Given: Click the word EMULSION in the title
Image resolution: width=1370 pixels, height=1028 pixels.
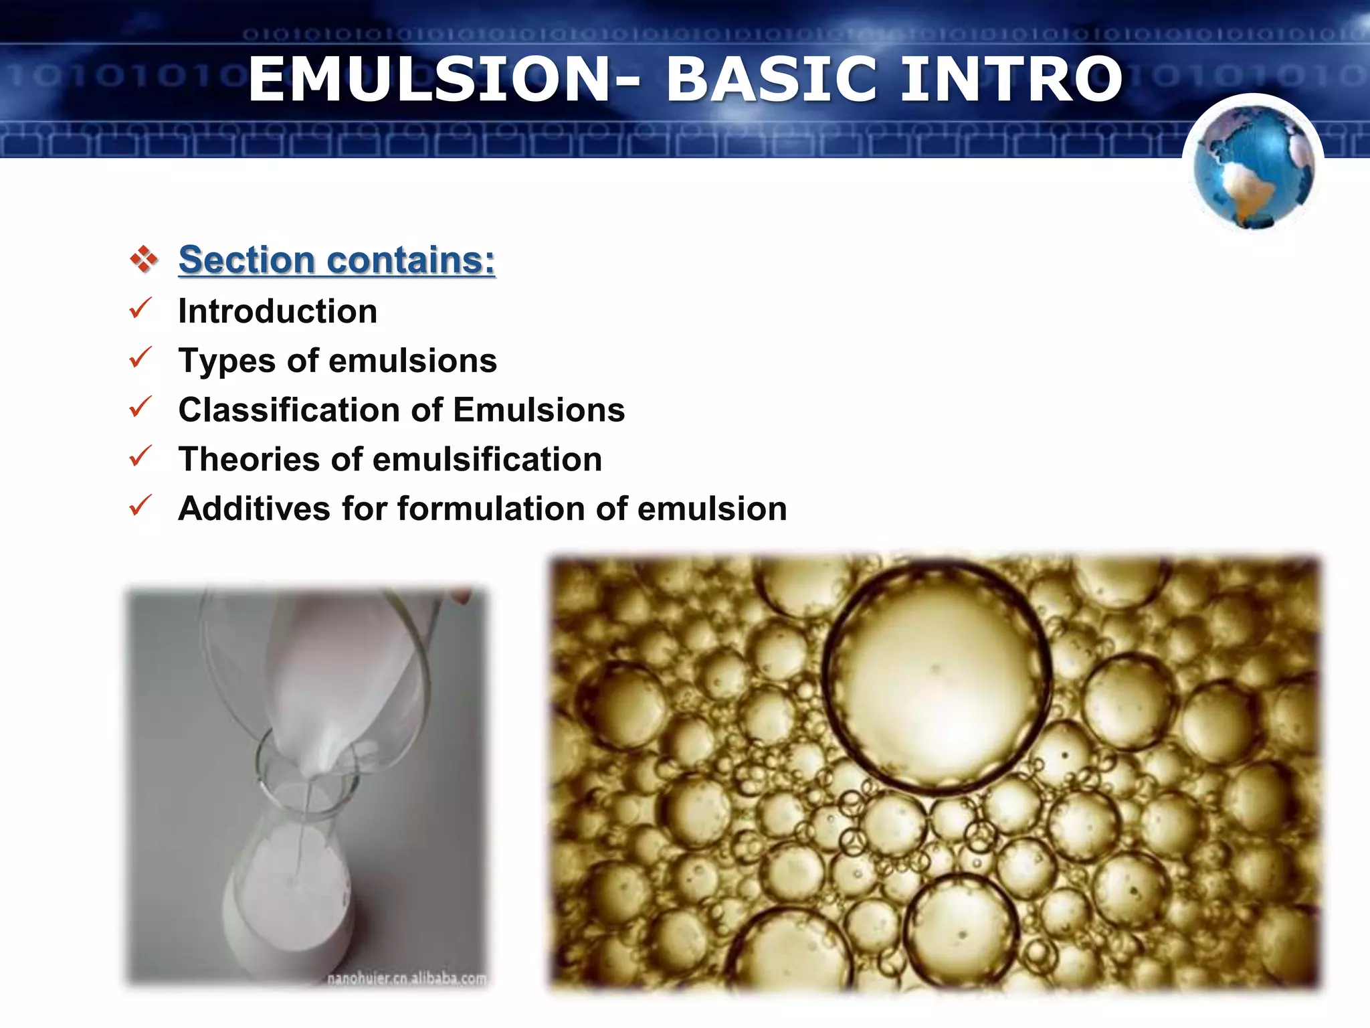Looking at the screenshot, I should click(x=428, y=80).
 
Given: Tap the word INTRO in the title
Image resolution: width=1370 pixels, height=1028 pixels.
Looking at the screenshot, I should click(x=1011, y=80).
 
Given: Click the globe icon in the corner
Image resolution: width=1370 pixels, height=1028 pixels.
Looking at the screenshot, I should click(x=1253, y=166).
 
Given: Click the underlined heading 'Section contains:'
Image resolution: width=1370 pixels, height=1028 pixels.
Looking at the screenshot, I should click(x=336, y=260).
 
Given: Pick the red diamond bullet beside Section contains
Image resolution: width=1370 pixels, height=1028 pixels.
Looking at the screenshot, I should click(x=143, y=259).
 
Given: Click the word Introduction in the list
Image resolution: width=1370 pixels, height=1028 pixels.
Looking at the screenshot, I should click(x=278, y=311).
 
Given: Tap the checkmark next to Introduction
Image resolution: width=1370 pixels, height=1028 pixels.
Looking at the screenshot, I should click(x=140, y=308).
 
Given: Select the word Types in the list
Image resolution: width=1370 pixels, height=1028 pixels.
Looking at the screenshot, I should click(x=226, y=361).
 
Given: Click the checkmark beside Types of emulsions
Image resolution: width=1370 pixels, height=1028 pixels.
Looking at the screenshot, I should click(x=140, y=357).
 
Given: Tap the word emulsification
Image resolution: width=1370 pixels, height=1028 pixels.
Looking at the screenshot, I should click(x=487, y=459).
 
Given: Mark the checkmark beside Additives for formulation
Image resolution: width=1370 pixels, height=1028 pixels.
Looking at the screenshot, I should click(x=140, y=505).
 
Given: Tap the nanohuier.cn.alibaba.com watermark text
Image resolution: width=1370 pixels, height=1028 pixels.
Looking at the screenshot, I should click(x=406, y=978).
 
